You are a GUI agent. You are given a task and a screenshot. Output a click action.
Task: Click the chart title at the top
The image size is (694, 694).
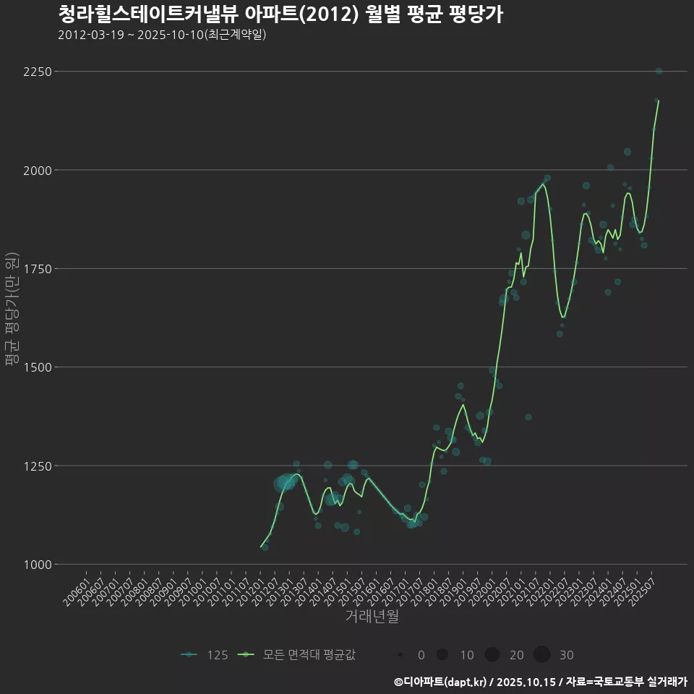280,14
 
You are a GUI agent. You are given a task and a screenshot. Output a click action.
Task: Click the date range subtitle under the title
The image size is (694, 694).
162,35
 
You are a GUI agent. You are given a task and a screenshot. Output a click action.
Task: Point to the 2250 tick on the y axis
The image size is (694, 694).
37,72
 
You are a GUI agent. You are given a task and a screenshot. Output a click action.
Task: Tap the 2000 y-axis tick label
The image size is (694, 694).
37,170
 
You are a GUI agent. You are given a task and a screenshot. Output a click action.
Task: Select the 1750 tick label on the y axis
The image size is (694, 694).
37,268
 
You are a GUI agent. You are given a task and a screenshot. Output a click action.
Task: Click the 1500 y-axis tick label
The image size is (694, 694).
37,367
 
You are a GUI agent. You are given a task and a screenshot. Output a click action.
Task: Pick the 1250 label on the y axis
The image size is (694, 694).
37,466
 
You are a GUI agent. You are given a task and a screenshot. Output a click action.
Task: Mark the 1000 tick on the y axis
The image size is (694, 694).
37,564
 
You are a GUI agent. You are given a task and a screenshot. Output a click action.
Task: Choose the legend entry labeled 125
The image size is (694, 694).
205,655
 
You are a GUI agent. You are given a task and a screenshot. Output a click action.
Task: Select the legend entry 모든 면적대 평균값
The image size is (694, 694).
297,655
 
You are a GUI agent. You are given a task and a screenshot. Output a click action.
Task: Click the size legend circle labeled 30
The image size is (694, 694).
542,655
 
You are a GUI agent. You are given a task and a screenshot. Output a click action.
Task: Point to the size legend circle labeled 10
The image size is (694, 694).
442,655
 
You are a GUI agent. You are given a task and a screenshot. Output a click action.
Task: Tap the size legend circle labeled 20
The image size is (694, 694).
492,655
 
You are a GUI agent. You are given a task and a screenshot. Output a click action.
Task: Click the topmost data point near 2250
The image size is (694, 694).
659,71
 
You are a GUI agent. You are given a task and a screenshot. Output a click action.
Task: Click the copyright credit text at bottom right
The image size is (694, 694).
541,682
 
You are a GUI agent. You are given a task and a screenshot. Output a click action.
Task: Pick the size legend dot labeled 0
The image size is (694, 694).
400,655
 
